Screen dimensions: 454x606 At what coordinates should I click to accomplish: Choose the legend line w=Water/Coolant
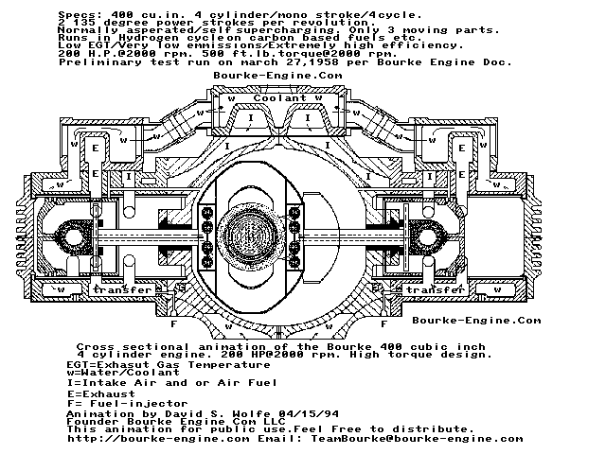(x=121, y=373)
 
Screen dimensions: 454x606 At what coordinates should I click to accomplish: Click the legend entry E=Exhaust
(x=100, y=393)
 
